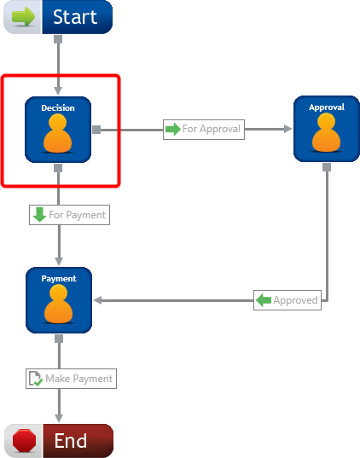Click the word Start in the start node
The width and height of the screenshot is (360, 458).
click(x=75, y=17)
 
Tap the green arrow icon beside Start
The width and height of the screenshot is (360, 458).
click(x=23, y=17)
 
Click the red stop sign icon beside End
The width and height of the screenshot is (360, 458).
click(x=24, y=440)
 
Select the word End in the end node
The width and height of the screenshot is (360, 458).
click(x=71, y=440)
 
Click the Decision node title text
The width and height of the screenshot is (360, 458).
click(x=58, y=108)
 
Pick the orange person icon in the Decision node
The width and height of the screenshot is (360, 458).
click(x=57, y=133)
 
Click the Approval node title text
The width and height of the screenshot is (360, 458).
click(x=327, y=107)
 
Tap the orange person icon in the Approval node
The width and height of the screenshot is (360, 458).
click(x=326, y=132)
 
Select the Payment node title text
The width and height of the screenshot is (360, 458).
click(x=59, y=279)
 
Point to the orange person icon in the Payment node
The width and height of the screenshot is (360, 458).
click(x=59, y=304)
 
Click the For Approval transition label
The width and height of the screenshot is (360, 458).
click(x=204, y=129)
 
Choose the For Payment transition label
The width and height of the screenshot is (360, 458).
click(x=70, y=215)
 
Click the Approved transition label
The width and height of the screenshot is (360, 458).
click(x=287, y=300)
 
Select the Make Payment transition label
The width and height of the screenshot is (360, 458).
click(x=72, y=379)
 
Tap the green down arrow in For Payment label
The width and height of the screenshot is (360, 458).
click(x=39, y=214)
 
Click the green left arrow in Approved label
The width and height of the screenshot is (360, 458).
click(x=264, y=300)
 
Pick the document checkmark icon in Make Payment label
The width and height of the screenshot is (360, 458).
click(x=35, y=379)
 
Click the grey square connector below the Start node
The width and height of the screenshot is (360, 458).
click(x=58, y=39)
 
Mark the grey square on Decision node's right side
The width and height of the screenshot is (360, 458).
click(x=96, y=130)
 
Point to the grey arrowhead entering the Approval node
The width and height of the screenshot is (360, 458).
click(x=287, y=129)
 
